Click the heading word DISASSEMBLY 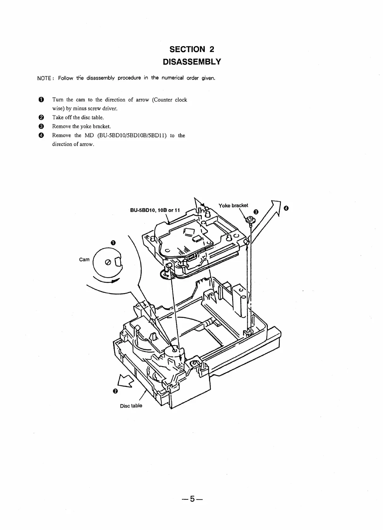pos(191,62)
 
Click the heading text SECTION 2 pos(191,49)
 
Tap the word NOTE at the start pos(44,78)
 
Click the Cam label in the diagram pos(84,260)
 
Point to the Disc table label pos(131,406)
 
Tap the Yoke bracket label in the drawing pos(233,205)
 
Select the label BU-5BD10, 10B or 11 pos(155,210)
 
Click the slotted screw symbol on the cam pos(107,262)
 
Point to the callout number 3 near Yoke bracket pos(256,212)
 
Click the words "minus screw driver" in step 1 pos(96,109)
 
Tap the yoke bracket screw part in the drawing pos(250,219)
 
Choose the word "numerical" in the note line pos(172,78)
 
